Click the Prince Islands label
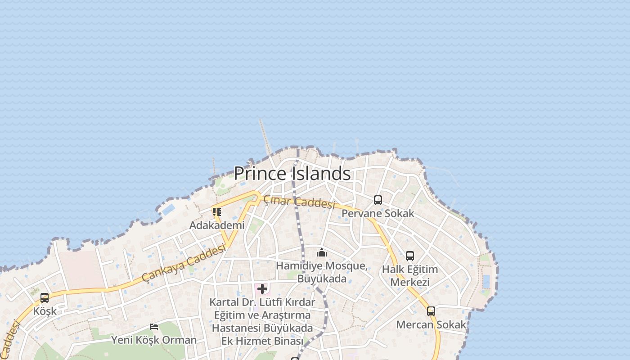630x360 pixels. click(292, 174)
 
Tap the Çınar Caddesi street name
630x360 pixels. click(299, 202)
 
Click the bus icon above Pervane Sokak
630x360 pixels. click(378, 200)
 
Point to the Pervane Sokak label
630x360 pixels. click(378, 213)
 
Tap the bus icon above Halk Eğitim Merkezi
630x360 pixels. click(410, 256)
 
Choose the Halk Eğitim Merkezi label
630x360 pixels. click(409, 276)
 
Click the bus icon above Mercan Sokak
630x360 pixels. click(431, 311)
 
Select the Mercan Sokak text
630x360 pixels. click(431, 324)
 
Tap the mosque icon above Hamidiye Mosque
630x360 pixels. click(321, 252)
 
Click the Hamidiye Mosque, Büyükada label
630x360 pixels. click(321, 272)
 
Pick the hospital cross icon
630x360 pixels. click(262, 288)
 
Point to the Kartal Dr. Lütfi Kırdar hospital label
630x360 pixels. click(262, 321)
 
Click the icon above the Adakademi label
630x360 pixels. click(217, 211)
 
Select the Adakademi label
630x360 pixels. click(217, 225)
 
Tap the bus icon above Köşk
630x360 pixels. click(45, 298)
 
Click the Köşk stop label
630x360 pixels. click(45, 311)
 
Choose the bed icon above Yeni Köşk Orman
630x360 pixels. click(154, 326)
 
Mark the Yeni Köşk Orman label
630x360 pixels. click(154, 340)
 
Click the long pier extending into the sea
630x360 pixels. click(265, 137)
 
